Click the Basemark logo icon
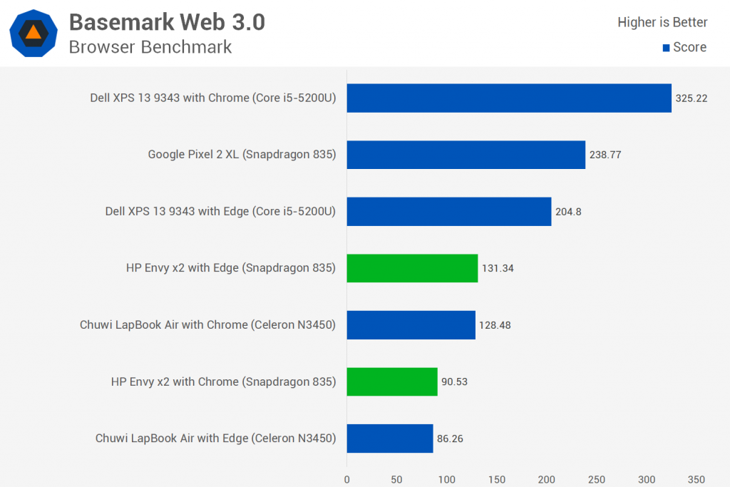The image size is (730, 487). coord(34,34)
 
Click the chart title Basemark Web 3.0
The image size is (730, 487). coord(167,22)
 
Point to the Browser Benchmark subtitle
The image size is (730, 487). coord(150,47)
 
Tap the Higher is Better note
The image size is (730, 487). coord(662,22)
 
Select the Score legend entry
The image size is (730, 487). coord(684,47)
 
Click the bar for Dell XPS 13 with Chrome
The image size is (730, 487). coord(509,98)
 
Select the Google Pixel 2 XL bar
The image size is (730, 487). coord(466,154)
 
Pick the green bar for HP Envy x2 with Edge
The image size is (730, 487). coord(412,268)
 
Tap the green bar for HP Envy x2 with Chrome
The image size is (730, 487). coord(392,381)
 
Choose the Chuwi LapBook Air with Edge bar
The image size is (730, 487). coord(390,439)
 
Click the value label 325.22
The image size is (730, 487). coord(691,98)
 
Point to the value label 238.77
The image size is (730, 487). coord(605,155)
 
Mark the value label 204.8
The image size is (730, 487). coord(568,211)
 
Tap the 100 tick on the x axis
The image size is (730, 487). coord(447,479)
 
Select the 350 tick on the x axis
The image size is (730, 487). coord(696,479)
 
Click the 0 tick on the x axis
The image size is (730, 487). coord(347,479)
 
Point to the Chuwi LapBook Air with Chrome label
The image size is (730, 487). coord(208,325)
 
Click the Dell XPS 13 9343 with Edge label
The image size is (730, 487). coord(220,211)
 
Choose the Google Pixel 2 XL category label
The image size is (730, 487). coord(242,154)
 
